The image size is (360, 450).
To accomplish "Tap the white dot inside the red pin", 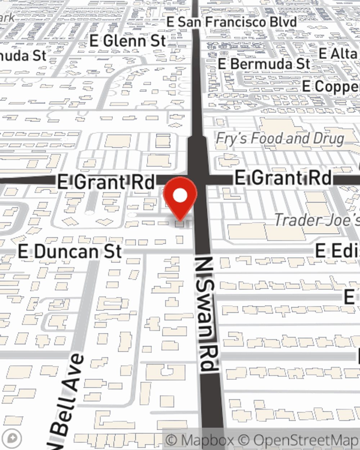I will [180, 196].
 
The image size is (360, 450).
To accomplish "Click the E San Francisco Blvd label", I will [231, 22].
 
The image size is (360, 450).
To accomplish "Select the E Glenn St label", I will [128, 41].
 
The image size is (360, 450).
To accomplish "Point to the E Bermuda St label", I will [264, 64].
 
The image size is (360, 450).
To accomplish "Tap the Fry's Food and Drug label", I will [280, 139].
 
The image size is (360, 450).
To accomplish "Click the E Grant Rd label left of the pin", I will [106, 182].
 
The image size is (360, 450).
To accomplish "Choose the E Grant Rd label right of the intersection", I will [283, 178].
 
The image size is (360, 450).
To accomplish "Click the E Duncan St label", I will [70, 252].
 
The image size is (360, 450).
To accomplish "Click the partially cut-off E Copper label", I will [330, 86].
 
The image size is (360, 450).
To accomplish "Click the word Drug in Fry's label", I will [328, 139].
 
